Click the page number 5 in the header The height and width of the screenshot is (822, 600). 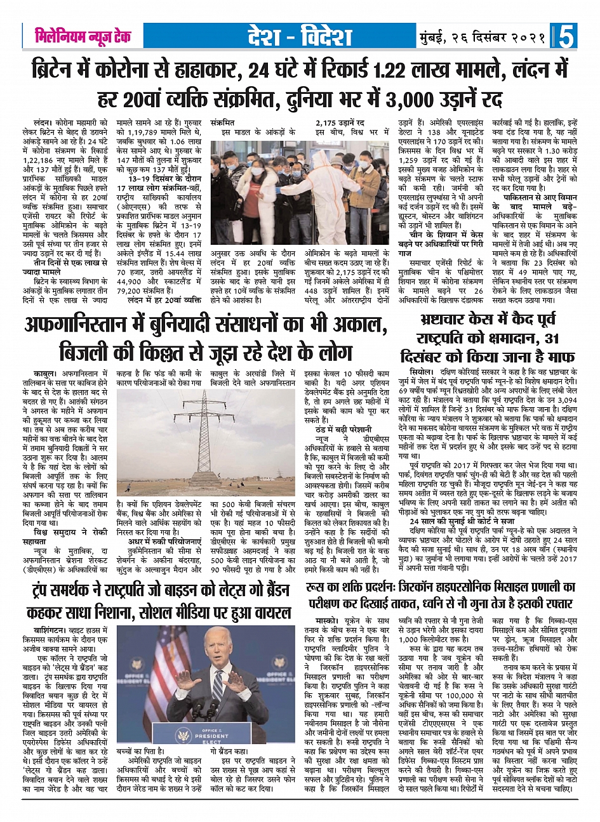[x=566, y=36]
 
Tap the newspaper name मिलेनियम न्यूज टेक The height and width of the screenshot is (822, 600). [x=83, y=36]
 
